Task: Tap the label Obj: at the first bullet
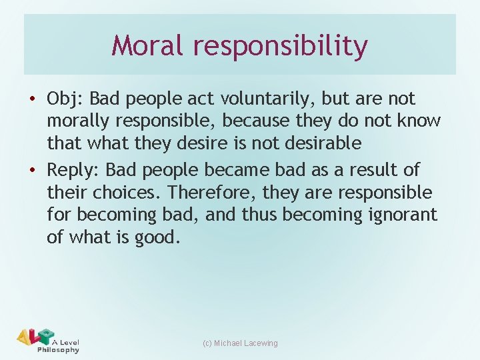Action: (x=65, y=99)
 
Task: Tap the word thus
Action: (x=262, y=215)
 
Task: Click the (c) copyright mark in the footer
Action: (x=206, y=343)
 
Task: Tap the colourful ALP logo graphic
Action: (x=33, y=337)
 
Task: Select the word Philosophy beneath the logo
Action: (x=59, y=350)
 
